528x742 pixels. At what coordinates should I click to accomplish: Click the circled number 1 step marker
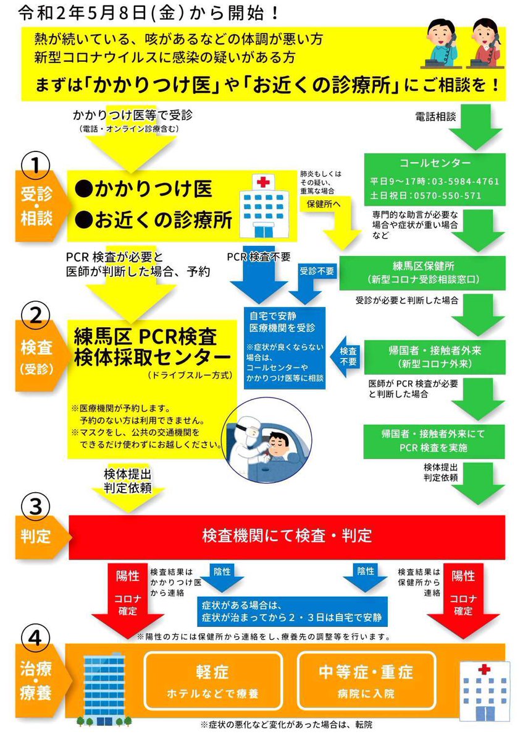[x=35, y=166]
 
